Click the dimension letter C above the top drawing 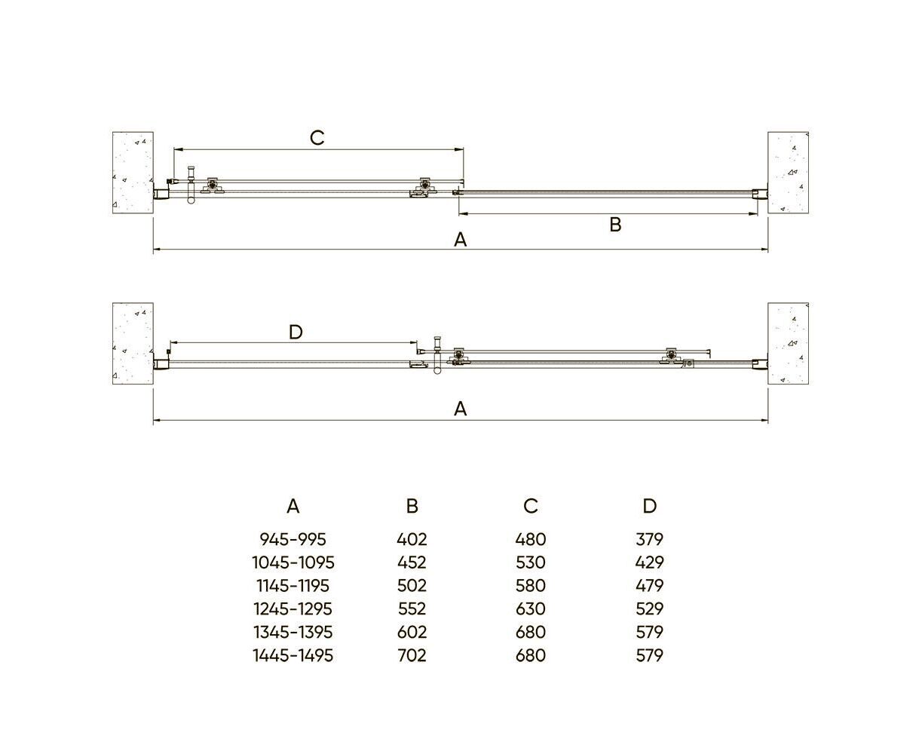pyautogui.click(x=317, y=138)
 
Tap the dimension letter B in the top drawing pyautogui.click(x=615, y=225)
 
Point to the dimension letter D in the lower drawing pyautogui.click(x=296, y=333)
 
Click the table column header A pyautogui.click(x=293, y=507)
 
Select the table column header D pyautogui.click(x=650, y=507)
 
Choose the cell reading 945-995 pyautogui.click(x=293, y=539)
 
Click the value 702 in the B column pyautogui.click(x=412, y=655)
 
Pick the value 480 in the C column pyautogui.click(x=530, y=539)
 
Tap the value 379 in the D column pyautogui.click(x=650, y=539)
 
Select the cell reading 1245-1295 pyautogui.click(x=293, y=608)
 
